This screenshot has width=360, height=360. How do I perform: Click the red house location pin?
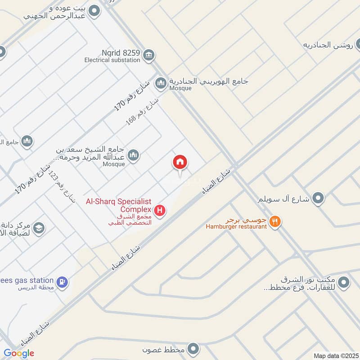[180, 162]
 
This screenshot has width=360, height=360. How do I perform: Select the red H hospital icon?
[159, 210]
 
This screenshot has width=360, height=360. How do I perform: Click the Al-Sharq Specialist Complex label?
[119, 205]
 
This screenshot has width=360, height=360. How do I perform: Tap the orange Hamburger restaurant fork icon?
[275, 221]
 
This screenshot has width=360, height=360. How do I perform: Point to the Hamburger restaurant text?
[237, 227]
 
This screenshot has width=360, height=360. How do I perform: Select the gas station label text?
[27, 280]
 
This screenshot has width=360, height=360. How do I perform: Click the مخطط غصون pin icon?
[194, 348]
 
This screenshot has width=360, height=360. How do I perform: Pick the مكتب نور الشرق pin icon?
[344, 283]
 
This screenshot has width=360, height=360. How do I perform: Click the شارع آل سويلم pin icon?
[318, 198]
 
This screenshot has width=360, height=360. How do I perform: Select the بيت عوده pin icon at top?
[94, 11]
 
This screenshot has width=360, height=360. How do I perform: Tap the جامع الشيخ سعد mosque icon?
[133, 156]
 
